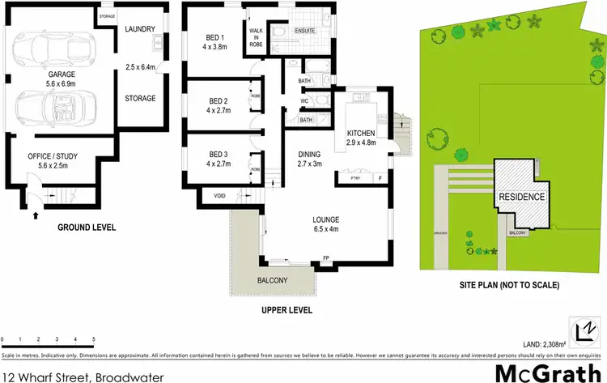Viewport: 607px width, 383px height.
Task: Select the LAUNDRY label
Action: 140,30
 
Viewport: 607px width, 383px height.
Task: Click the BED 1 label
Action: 213,35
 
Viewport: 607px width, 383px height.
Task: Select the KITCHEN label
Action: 361,133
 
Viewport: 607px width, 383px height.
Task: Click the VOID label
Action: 219,196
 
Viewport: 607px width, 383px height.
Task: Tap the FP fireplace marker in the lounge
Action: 325,258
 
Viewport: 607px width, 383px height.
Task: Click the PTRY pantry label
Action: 354,178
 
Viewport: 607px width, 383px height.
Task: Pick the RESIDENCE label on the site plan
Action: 522,197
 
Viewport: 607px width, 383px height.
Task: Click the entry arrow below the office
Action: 35,215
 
